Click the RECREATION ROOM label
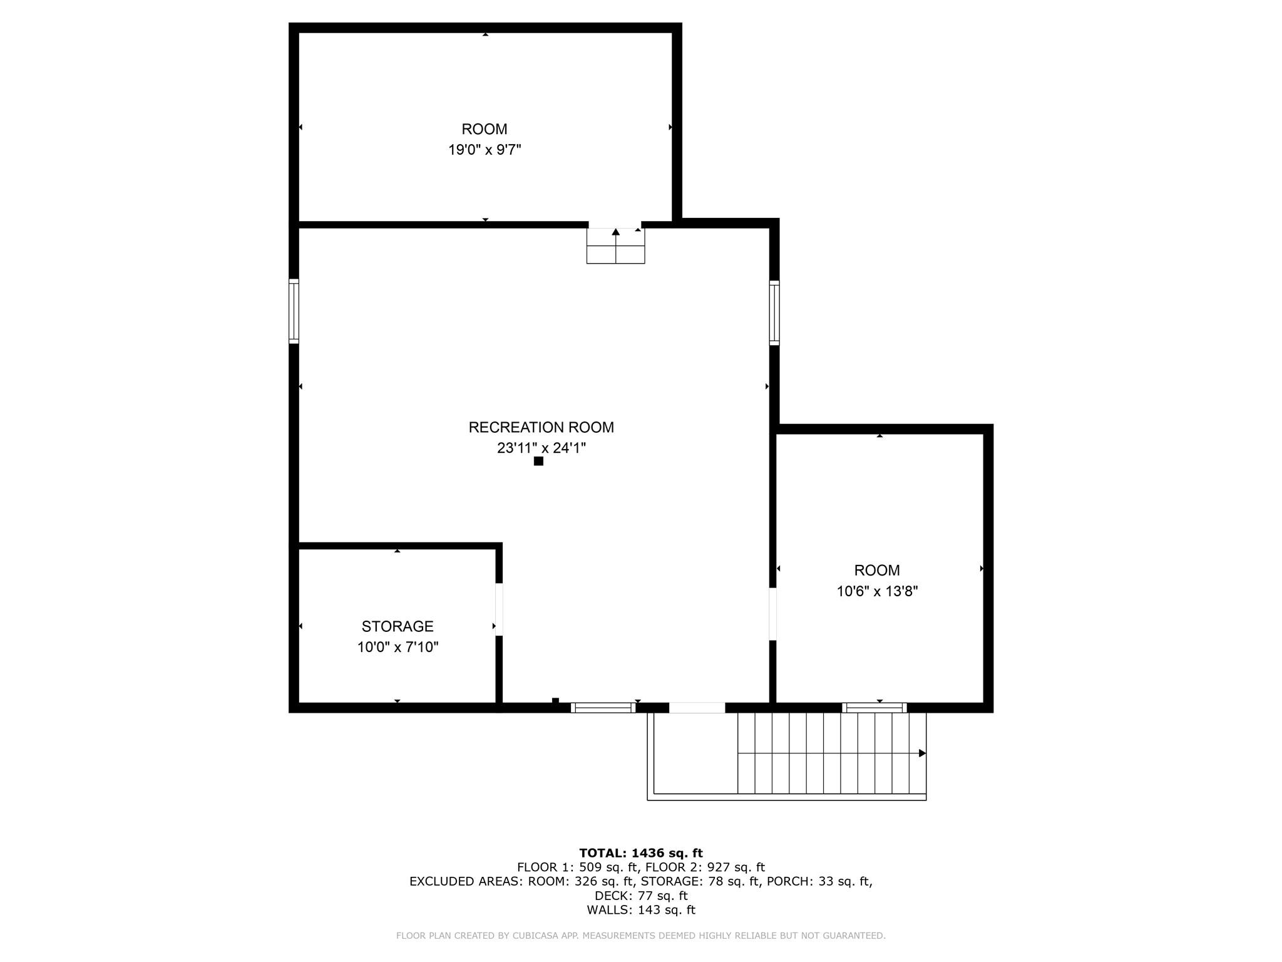[541, 427]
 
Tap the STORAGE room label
[397, 626]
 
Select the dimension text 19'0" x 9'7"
[485, 150]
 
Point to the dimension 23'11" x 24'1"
[541, 448]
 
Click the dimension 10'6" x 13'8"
[877, 591]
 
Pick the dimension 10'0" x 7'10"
[397, 647]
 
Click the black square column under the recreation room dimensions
[538, 462]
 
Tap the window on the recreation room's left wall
[294, 311]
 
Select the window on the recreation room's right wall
[774, 313]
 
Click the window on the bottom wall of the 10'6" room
[874, 708]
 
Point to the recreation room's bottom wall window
[603, 708]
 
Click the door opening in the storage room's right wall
[499, 609]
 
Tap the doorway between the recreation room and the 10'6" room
[772, 614]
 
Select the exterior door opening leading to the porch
[697, 708]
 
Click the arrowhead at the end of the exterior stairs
[922, 753]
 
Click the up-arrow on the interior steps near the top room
[616, 232]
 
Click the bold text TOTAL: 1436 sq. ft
[640, 853]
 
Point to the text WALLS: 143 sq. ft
[640, 910]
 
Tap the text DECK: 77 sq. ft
[640, 896]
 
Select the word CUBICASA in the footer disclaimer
[536, 936]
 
